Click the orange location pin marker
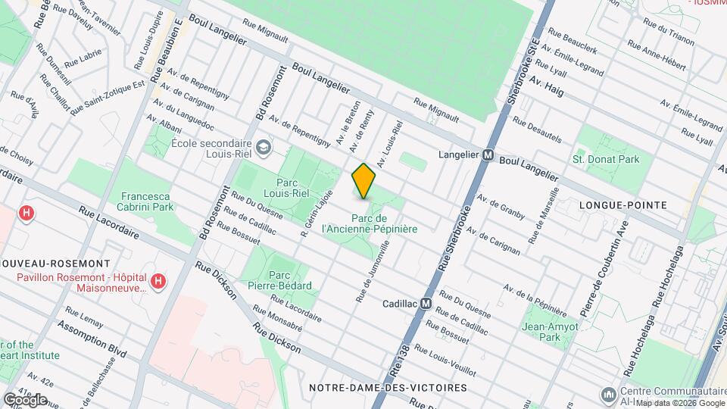[x=364, y=181]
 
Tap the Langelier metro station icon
[x=488, y=155]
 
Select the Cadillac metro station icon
[x=426, y=304]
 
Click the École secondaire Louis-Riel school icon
[x=263, y=147]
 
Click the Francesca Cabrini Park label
[x=145, y=201]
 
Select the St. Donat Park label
[x=606, y=159]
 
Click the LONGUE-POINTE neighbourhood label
[x=622, y=205]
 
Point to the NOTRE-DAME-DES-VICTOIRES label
[x=388, y=387]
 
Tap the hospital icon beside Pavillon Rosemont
[x=158, y=283]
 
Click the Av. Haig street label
[x=547, y=83]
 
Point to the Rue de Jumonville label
[x=374, y=273]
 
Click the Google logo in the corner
[x=25, y=399]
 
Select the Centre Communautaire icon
[x=607, y=395]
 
